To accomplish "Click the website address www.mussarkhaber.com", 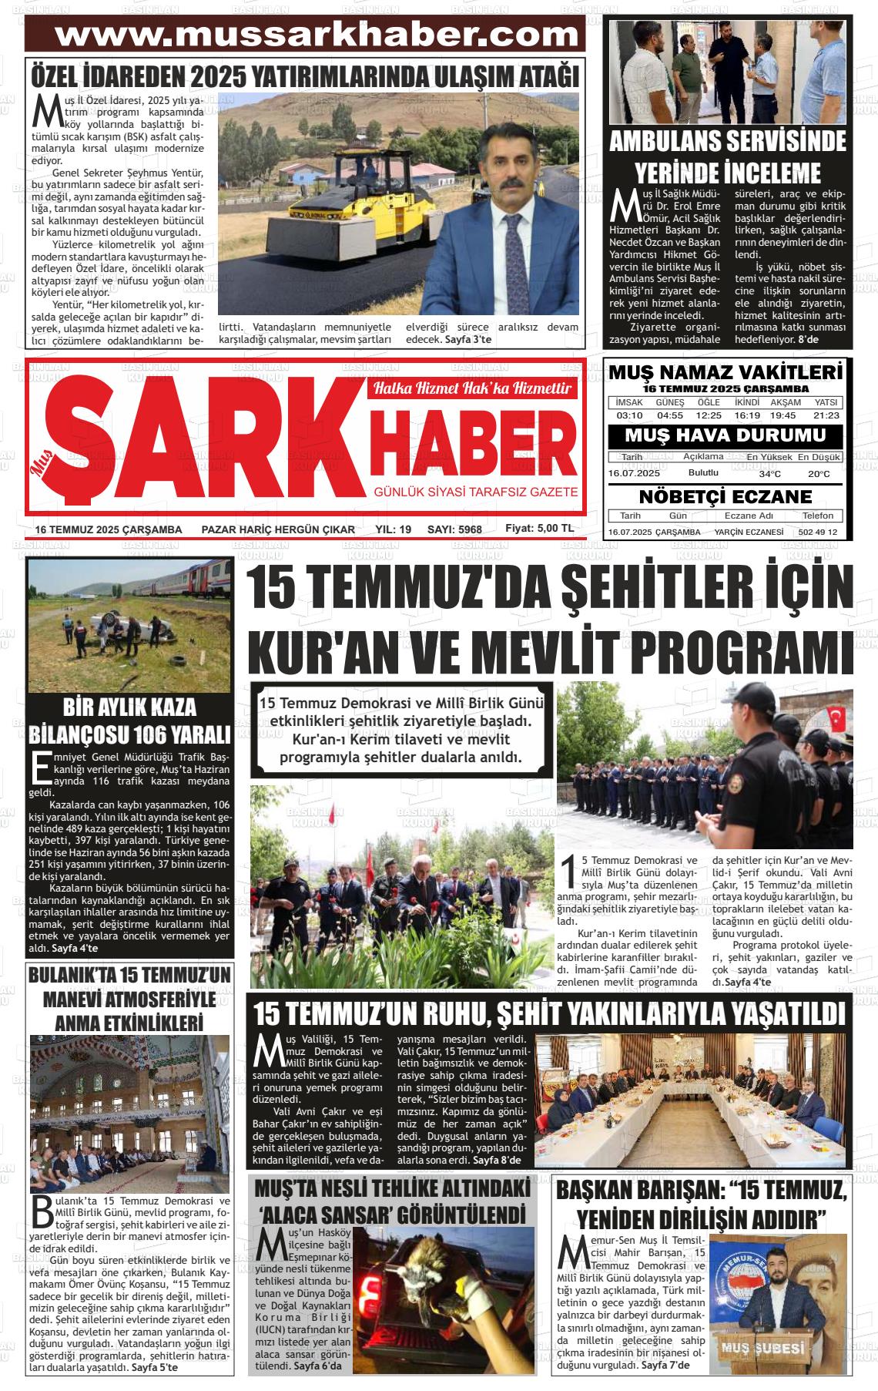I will coord(317,34).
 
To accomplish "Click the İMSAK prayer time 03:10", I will coord(629,415).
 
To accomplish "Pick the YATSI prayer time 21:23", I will coord(826,415).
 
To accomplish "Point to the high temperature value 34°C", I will coord(769,474).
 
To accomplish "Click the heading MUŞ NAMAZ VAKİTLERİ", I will coord(726,373).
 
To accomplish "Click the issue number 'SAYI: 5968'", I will coord(454,529).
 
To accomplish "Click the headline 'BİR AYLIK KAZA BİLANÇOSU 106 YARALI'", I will coord(129,719).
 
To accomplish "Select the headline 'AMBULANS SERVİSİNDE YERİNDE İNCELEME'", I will coord(727,156).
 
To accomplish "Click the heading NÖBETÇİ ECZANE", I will coord(726,496).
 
